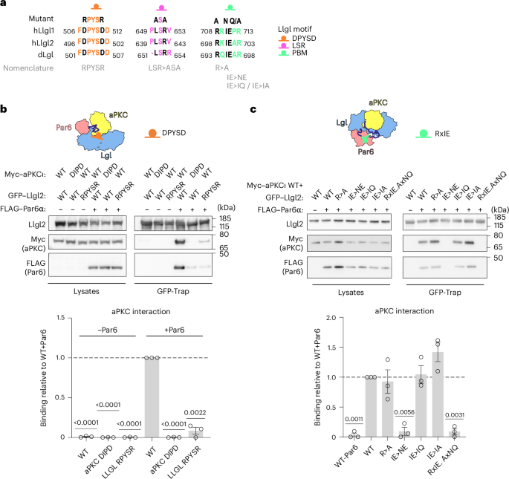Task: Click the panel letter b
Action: point(5,108)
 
